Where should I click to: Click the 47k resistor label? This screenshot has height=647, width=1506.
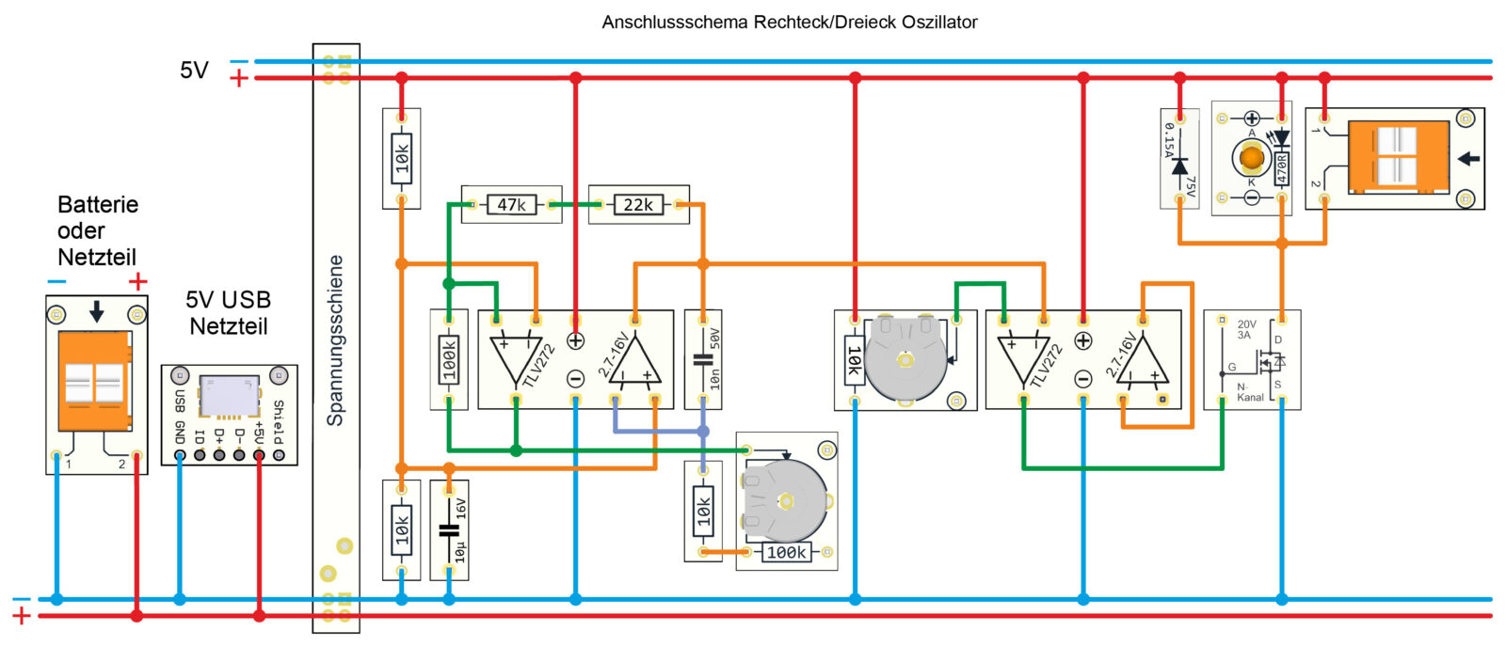tap(511, 204)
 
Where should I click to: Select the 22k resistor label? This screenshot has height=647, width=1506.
tap(638, 204)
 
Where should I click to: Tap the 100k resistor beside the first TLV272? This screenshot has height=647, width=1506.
tap(449, 359)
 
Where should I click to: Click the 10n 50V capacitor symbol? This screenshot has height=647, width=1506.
tap(702, 359)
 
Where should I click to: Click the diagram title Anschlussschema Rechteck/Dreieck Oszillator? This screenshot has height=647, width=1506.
tap(789, 22)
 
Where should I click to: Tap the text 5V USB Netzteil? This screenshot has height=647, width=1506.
tap(229, 313)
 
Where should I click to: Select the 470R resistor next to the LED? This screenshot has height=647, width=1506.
tap(1281, 170)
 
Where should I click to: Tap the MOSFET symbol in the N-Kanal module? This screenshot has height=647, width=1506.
tap(1271, 360)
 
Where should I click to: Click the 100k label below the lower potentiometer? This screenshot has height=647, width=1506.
tap(786, 552)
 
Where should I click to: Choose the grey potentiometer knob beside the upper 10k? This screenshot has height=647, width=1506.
tap(905, 359)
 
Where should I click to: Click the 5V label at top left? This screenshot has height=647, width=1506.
tap(194, 71)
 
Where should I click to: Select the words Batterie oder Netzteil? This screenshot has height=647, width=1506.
tap(97, 230)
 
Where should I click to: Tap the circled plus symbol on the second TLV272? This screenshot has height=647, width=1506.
tap(1083, 341)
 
